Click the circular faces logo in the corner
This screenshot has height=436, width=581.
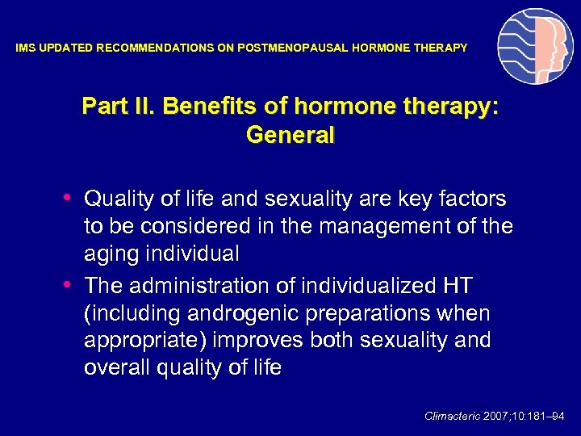pos(535,46)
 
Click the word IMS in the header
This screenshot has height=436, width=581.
pos(26,48)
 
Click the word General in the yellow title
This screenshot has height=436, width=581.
pos(290,136)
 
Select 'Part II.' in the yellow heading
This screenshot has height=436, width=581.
pos(115,107)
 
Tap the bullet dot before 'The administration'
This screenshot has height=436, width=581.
pos(70,285)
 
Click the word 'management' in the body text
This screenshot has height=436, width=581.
pos(394,226)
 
